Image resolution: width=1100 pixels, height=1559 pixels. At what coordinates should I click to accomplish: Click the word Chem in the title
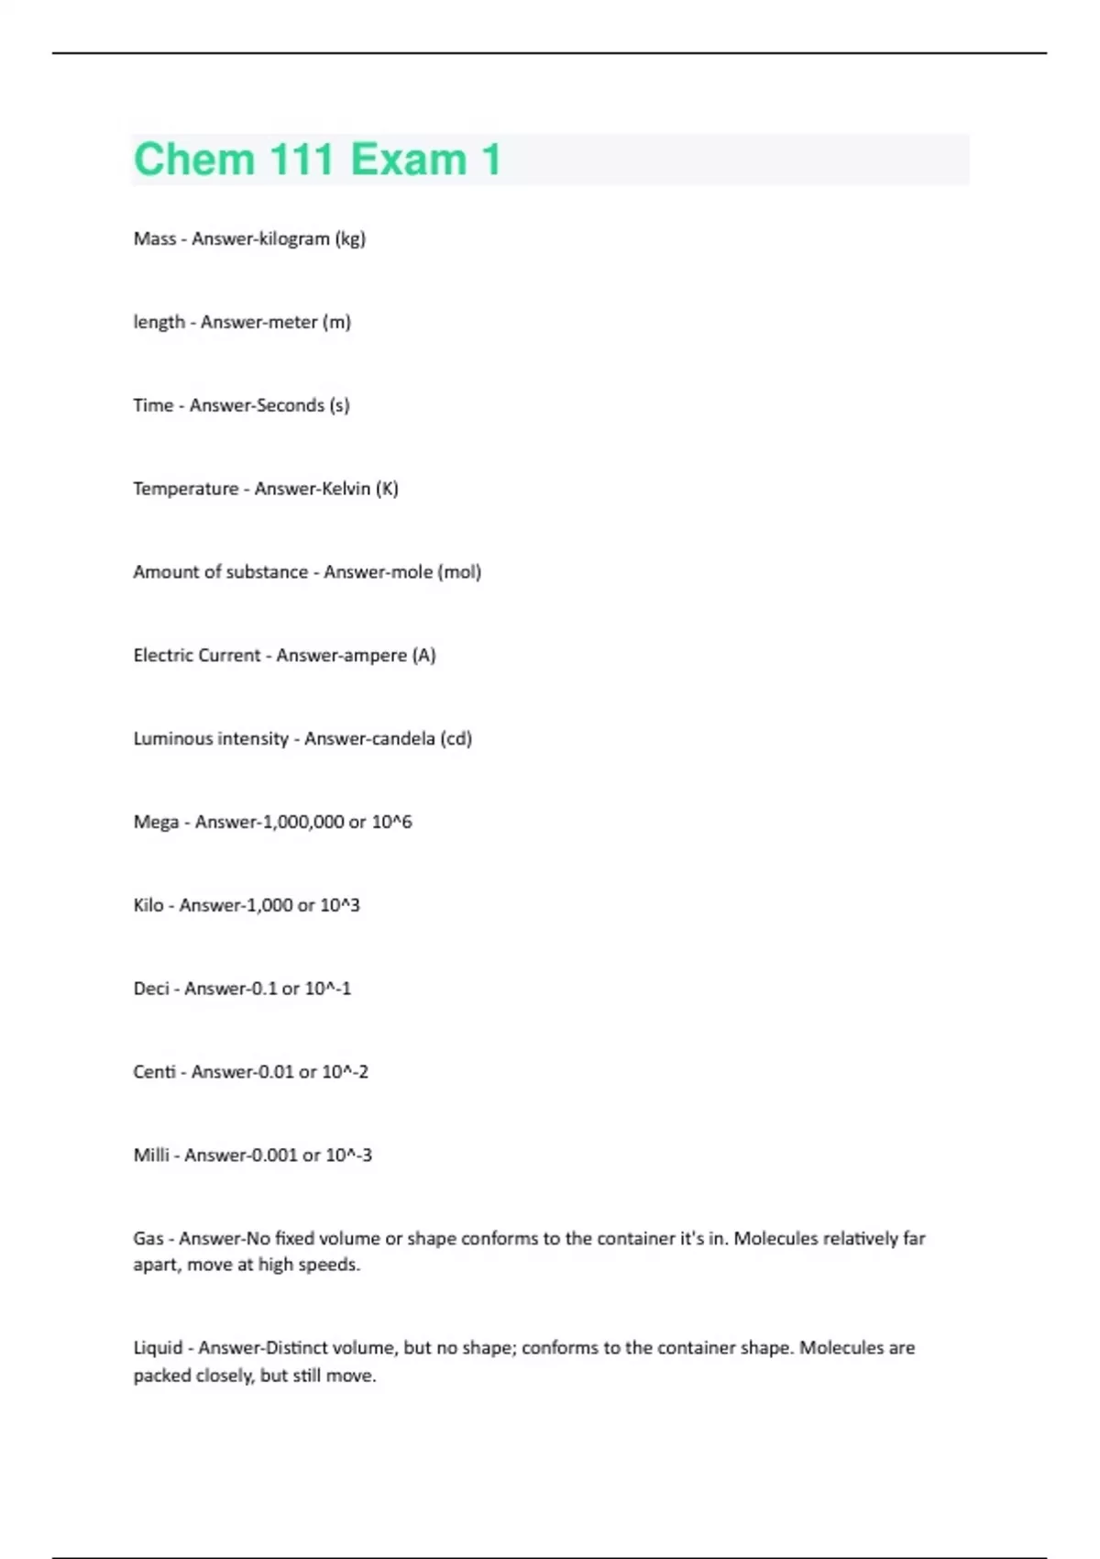pyautogui.click(x=192, y=160)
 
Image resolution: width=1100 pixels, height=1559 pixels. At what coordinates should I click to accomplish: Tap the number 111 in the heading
pyautogui.click(x=302, y=160)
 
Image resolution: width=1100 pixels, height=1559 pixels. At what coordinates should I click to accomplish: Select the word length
pyautogui.click(x=159, y=322)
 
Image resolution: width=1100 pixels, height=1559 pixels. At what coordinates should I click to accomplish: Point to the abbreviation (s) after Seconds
pyautogui.click(x=339, y=405)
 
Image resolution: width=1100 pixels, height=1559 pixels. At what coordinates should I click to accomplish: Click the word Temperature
pyautogui.click(x=185, y=489)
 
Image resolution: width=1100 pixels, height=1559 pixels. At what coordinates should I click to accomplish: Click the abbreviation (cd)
pyautogui.click(x=456, y=739)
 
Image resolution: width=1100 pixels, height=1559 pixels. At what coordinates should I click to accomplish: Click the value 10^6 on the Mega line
pyautogui.click(x=391, y=823)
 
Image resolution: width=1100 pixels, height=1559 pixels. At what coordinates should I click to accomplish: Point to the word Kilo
pyautogui.click(x=148, y=906)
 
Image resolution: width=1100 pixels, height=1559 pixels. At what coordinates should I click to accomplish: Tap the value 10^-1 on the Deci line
pyautogui.click(x=327, y=989)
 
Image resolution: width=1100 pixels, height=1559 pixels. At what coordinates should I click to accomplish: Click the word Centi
pyautogui.click(x=154, y=1072)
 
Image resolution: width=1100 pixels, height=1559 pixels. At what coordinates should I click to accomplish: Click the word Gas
pyautogui.click(x=148, y=1239)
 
